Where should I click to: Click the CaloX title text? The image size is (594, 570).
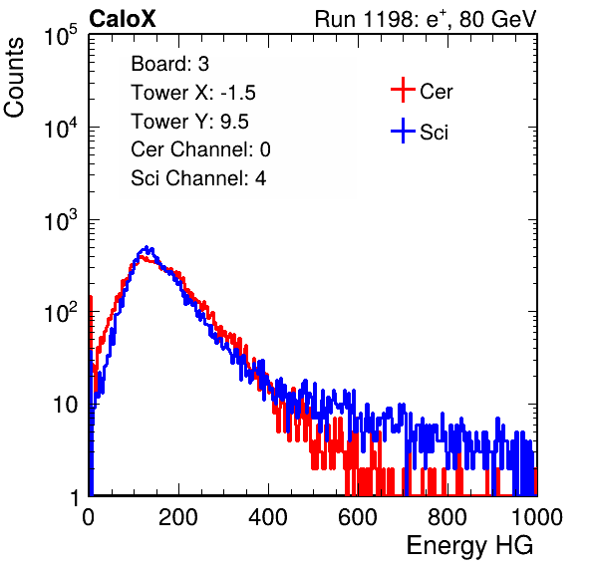(123, 19)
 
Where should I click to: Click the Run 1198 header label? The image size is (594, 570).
(426, 19)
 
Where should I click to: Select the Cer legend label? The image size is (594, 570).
(436, 92)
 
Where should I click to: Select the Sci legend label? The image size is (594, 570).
(435, 132)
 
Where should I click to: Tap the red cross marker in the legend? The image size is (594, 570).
(403, 90)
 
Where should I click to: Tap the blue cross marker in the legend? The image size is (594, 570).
(403, 131)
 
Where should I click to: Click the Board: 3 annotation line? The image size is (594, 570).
(169, 64)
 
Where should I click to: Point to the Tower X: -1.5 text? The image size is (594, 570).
(193, 93)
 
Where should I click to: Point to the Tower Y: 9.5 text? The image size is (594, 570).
(189, 122)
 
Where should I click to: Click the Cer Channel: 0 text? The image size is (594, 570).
(200, 149)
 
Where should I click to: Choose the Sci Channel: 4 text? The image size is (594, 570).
(198, 178)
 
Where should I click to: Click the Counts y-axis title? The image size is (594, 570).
(14, 78)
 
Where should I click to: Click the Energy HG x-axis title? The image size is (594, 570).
(469, 546)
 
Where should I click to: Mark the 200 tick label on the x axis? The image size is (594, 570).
(178, 517)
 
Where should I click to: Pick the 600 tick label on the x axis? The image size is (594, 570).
(358, 517)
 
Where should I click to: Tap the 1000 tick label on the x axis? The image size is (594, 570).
(537, 517)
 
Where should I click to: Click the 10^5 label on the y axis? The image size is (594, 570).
(61, 35)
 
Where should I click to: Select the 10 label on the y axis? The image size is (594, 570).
(65, 405)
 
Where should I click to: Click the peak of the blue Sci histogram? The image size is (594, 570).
(147, 246)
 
